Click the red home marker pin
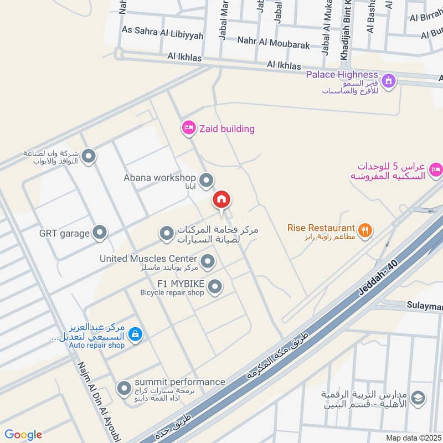221,200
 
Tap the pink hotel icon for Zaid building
188,128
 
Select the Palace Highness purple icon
389,80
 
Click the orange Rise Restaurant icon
364,230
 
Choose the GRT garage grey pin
100,233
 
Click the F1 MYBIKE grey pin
215,286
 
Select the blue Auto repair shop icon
135,334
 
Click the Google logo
23,435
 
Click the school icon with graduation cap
419,397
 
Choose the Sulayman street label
425,306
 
